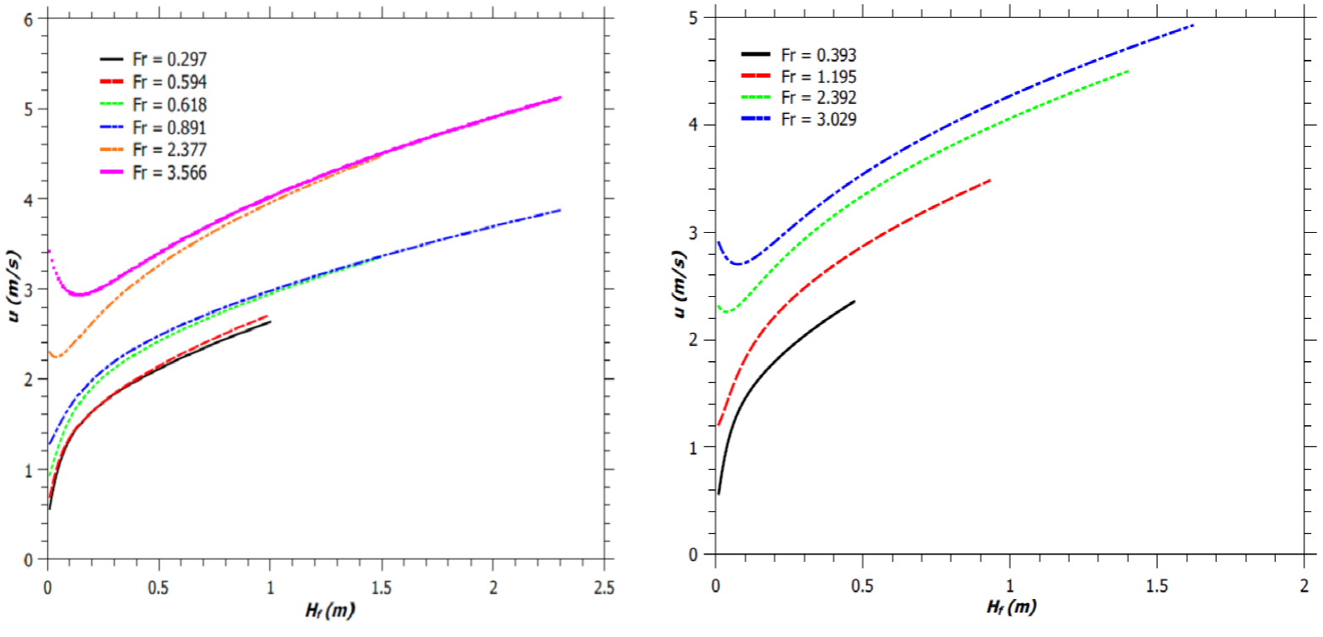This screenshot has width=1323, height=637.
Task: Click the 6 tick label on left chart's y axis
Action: tap(29, 19)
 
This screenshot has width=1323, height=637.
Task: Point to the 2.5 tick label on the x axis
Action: tap(604, 585)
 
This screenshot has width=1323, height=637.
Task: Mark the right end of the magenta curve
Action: tap(560, 98)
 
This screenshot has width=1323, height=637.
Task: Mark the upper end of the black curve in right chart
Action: tap(854, 301)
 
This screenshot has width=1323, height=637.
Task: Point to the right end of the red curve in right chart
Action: tap(990, 180)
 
